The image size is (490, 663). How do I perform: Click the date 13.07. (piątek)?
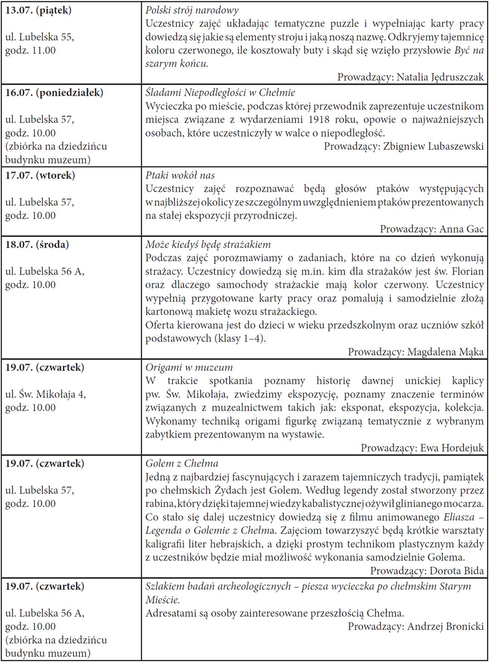pos(39,10)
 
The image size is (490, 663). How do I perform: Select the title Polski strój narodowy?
pos(192,10)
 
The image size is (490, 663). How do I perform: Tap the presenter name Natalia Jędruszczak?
pos(440,77)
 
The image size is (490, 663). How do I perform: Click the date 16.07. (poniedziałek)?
pos(54,93)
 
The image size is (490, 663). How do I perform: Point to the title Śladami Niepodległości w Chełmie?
pos(220,93)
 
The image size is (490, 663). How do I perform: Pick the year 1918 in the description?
pos(321,120)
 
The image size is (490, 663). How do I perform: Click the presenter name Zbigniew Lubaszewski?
pos(433,147)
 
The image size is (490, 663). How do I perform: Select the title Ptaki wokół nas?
pos(180,176)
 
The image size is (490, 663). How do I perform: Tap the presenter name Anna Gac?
pos(461,229)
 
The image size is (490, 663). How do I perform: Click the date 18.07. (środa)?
pos(37,245)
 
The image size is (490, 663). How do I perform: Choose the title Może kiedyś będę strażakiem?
pos(208,245)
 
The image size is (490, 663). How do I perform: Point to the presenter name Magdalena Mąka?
pos(445,352)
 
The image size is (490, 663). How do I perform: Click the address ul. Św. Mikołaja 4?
pos(45,394)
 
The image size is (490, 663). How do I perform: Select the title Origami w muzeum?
pos(189,368)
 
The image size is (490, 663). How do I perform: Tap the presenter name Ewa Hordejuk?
pos(452,448)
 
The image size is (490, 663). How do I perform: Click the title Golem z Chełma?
pos(181,464)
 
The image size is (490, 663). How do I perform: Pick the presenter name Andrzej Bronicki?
pos(445,627)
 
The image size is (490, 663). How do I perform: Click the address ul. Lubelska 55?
pos(39,37)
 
